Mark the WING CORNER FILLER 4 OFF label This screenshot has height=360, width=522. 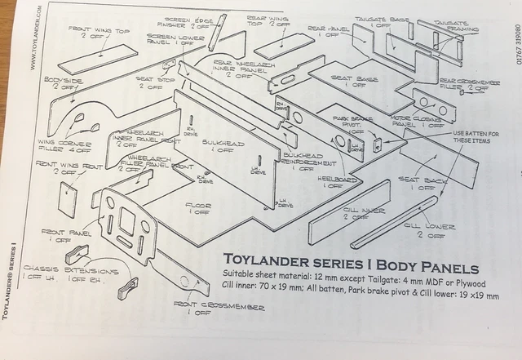tap(63, 145)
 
